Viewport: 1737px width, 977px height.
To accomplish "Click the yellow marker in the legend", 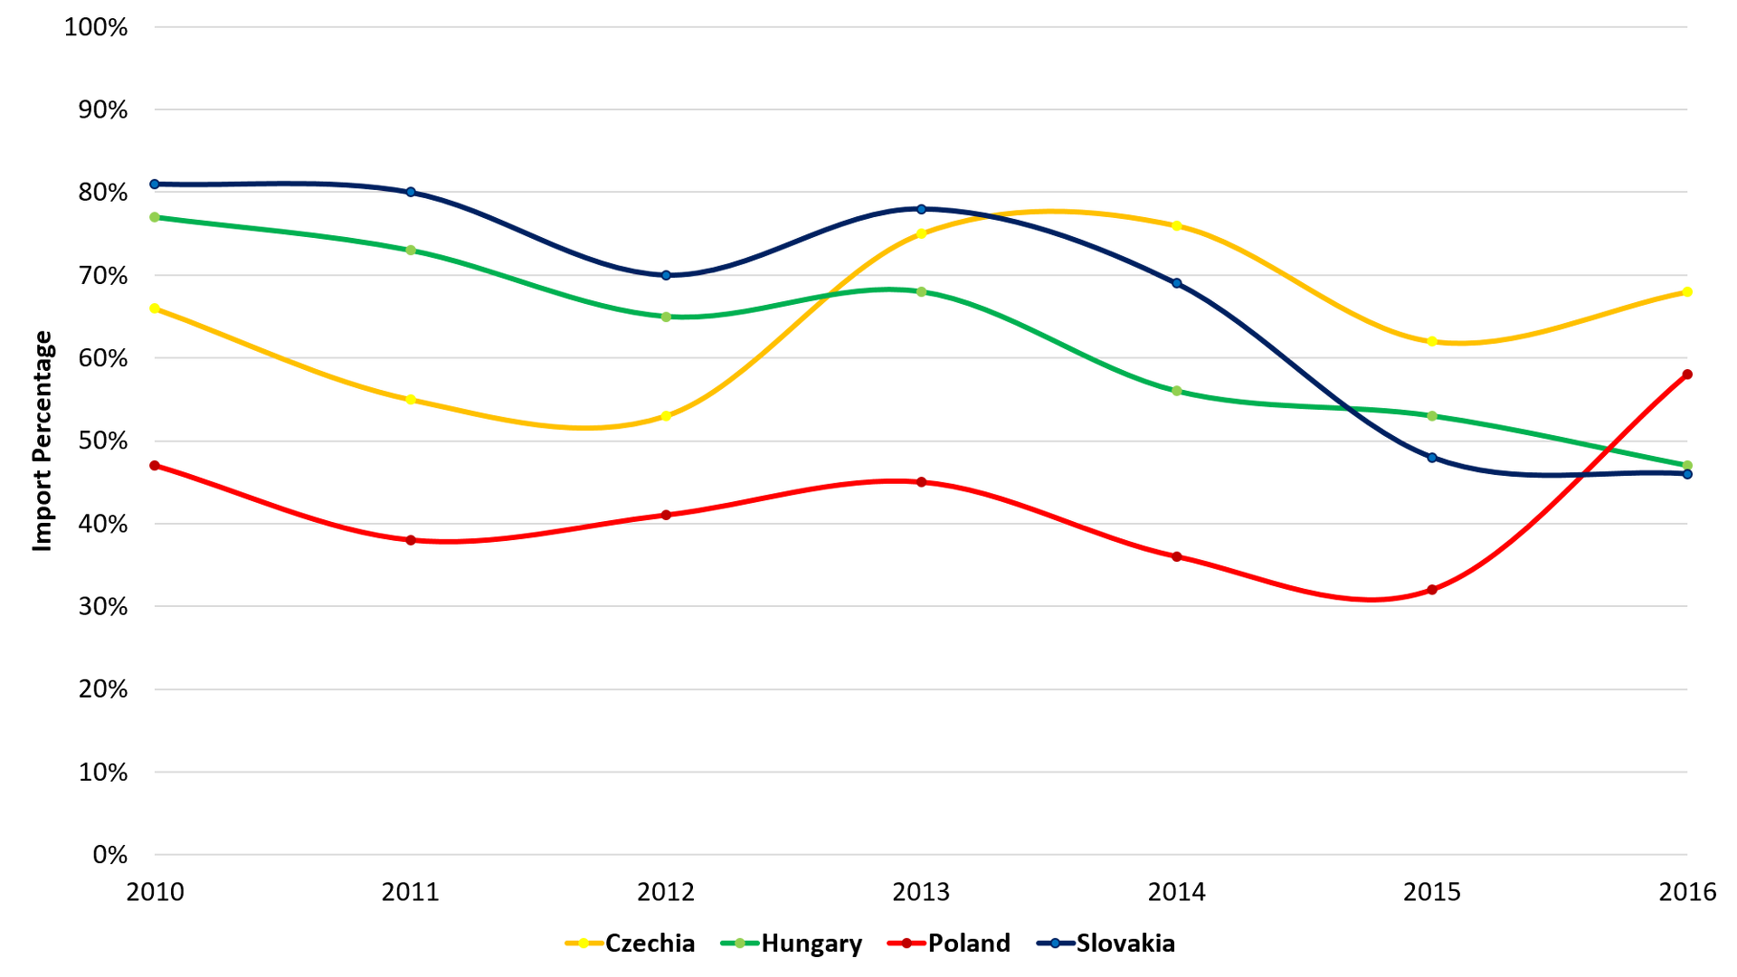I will pos(584,944).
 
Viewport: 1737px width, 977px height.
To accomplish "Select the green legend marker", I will pos(740,944).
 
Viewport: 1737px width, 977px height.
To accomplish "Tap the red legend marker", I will pos(906,944).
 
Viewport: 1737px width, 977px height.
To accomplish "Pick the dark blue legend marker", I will pos(1055,944).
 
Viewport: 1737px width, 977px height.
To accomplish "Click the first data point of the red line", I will pos(155,466).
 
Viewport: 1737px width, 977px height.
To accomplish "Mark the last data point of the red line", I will pos(1687,375).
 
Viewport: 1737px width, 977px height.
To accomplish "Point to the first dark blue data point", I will pos(155,185).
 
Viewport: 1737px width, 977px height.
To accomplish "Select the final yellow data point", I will pos(1687,293).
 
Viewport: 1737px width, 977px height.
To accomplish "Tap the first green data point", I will pos(155,217).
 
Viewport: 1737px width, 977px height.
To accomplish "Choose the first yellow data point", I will pos(155,308).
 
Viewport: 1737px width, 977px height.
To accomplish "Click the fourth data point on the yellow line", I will pos(922,233).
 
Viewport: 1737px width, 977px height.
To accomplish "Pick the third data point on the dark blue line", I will pos(666,275).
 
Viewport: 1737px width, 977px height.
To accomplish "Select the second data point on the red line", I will pos(411,540).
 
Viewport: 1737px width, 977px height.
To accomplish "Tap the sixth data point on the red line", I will pos(1432,590).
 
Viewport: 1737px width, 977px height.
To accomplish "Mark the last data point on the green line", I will pos(1687,465).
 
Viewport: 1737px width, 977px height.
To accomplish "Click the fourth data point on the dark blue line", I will pos(922,209).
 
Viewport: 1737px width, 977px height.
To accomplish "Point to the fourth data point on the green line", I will pos(922,293).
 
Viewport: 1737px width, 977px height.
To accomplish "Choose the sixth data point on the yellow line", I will pos(1432,341).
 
